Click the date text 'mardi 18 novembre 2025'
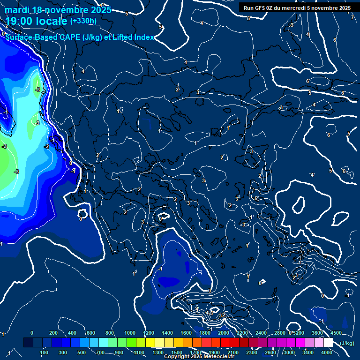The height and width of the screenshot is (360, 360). pos(58,10)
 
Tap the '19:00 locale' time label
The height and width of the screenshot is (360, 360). pos(37,21)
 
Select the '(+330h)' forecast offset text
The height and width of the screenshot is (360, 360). pos(83,21)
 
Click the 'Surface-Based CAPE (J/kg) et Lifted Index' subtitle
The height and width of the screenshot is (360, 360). pos(80,37)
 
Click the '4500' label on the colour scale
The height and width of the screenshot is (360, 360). pos(336,333)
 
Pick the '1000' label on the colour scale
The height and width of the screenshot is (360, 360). pos(129,333)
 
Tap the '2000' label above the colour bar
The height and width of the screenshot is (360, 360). pos(224,333)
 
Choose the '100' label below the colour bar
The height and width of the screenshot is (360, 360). pos(45,352)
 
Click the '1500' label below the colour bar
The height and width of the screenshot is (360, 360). pos(177,352)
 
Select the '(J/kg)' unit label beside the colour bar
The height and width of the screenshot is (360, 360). pos(346,343)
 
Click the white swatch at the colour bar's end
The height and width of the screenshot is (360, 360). pos(329,343)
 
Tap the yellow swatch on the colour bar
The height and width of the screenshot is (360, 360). pos(160,343)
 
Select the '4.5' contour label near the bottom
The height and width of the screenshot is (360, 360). pos(210,312)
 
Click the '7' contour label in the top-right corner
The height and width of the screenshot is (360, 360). pos(352,17)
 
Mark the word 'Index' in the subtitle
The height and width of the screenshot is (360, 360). pos(144,37)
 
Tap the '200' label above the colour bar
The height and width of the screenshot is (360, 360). pos(53,333)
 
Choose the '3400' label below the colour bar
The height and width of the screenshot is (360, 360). pos(308,352)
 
